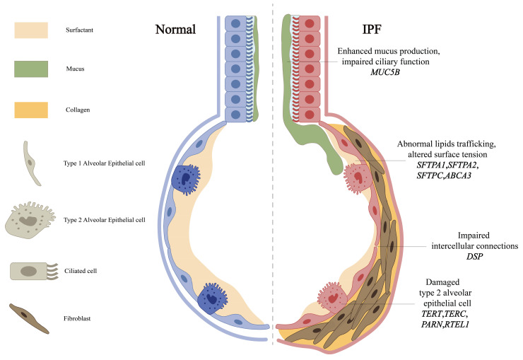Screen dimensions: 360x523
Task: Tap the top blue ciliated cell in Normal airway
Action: coord(235,23)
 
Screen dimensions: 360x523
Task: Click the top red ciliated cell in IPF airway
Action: coord(308,23)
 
